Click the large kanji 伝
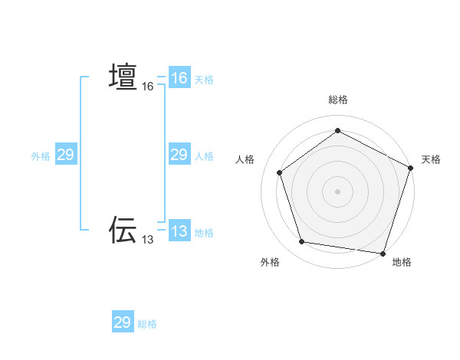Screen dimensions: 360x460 (x=123, y=229)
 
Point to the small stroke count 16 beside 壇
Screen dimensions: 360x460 (x=148, y=87)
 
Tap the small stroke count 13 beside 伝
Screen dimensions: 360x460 (x=148, y=240)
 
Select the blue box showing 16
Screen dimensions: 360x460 (x=179, y=78)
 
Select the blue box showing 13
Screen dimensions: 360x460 (x=179, y=231)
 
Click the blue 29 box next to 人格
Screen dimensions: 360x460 (x=179, y=155)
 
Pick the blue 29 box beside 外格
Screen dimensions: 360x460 (x=66, y=155)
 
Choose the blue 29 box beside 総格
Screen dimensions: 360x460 (x=123, y=322)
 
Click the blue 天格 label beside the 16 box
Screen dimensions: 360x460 (x=204, y=80)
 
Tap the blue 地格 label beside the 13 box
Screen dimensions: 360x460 (x=204, y=233)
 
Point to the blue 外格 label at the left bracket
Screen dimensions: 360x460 (x=41, y=156)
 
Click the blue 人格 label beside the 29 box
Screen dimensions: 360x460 (x=204, y=156)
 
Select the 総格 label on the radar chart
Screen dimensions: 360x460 (x=338, y=100)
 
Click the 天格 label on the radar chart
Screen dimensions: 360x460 (x=431, y=159)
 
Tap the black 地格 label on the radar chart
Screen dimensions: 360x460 (x=402, y=262)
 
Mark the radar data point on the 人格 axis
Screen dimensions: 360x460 (x=280, y=172)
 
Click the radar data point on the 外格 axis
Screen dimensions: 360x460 (x=302, y=242)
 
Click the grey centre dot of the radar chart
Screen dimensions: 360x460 (x=337, y=191)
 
